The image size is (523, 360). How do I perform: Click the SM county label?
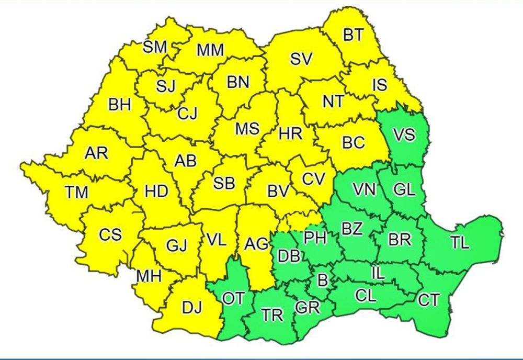click(x=155, y=47)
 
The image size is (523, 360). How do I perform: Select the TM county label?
click(x=77, y=193)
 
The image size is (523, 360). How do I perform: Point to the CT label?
click(x=429, y=300)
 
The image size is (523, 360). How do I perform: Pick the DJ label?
click(x=191, y=309)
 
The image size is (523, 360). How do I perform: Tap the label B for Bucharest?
click(x=323, y=280)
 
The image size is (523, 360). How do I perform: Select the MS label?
click(x=247, y=128)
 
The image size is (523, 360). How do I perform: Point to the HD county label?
click(x=156, y=192)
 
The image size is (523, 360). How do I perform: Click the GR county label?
click(x=307, y=308)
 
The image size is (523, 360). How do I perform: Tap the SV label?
click(x=301, y=59)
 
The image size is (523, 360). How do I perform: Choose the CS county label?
click(x=110, y=234)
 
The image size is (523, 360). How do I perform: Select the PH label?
click(x=315, y=238)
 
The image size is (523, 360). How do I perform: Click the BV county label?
click(x=278, y=192)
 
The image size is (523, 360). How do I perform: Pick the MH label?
click(x=149, y=275)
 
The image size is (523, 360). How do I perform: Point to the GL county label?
click(x=404, y=190)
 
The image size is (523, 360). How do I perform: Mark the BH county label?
click(x=120, y=105)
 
